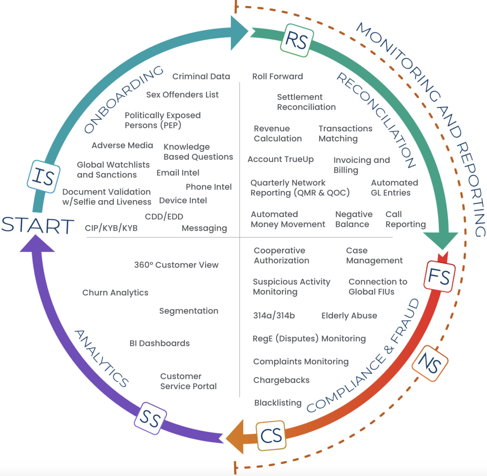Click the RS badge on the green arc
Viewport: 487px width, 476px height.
tap(297, 41)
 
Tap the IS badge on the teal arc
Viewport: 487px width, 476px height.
tap(44, 177)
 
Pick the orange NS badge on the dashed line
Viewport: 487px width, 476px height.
tap(430, 363)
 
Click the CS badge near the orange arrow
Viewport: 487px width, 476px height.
tap(271, 435)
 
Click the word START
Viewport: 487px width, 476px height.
tap(37, 225)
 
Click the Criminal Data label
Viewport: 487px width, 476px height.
tap(201, 76)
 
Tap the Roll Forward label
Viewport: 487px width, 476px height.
tap(277, 76)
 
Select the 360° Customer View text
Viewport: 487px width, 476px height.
tap(176, 265)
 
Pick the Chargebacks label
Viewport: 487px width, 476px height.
tap(281, 380)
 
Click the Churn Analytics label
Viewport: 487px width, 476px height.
tap(115, 292)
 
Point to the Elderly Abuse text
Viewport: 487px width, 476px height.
tap(349, 316)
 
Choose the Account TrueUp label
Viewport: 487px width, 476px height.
tap(281, 159)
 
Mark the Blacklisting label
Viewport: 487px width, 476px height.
tap(278, 403)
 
